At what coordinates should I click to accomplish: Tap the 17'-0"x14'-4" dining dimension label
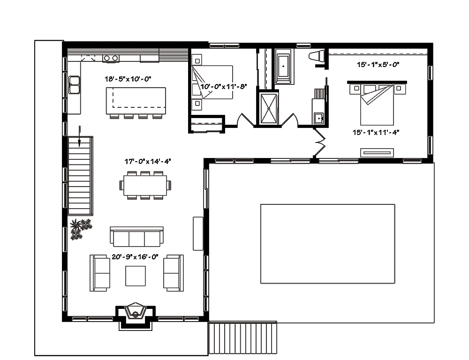147,161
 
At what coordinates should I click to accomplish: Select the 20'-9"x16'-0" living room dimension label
135,256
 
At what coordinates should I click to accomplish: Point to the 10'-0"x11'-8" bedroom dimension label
224,87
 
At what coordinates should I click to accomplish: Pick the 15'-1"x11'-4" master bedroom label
376,132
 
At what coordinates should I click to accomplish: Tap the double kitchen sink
74,85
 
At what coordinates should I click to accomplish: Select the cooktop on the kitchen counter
111,58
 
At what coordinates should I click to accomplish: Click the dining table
145,185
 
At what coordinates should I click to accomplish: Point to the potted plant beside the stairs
80,229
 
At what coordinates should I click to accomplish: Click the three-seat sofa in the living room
136,237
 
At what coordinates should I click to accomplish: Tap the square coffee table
135,276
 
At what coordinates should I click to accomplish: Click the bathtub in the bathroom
284,67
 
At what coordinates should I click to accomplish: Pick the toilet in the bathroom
318,56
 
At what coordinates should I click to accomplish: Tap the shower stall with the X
268,107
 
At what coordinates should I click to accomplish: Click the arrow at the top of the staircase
80,135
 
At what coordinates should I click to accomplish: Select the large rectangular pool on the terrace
327,243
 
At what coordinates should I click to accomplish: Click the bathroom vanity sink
318,118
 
